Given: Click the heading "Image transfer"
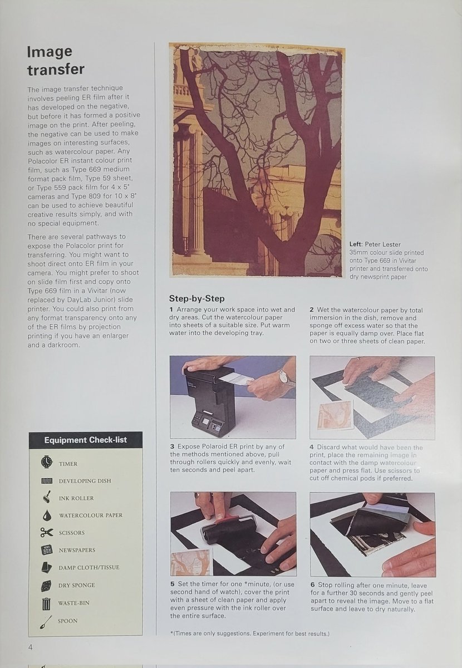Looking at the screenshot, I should pos(56,60).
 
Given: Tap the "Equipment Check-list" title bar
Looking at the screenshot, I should pos(86,440).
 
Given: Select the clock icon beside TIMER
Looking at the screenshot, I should pos(46,462).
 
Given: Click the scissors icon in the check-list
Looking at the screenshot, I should pos(46,532).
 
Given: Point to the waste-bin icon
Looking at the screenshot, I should pos(46,603).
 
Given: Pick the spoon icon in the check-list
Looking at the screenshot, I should pos(46,621).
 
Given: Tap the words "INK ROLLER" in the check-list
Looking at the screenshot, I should pos(76,498).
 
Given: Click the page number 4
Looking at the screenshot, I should pos(30,646).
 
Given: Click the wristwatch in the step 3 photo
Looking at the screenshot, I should pos(286,378).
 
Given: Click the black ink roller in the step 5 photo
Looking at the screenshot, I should pos(223,531).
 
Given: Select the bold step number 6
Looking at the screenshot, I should pos(312,584).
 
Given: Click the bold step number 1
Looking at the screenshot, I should pos(171,309).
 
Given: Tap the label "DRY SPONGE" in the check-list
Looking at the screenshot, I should pos(77,585).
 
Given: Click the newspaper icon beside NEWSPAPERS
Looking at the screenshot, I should pos(46,550).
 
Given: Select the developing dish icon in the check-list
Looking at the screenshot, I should pos(46,480).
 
